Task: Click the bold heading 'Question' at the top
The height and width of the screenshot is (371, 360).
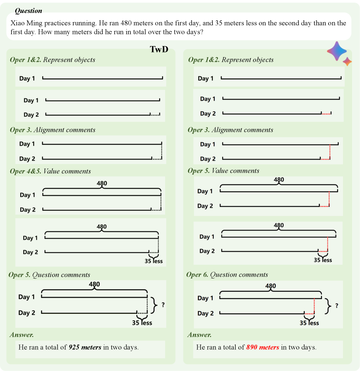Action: [29, 11]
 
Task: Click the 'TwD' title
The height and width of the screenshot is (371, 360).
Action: [159, 49]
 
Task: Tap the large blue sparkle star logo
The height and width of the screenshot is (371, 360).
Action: [337, 51]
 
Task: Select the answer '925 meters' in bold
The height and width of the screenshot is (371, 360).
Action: [85, 348]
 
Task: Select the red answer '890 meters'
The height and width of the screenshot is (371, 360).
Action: [262, 348]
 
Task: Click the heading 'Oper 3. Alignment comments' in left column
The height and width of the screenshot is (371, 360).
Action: [53, 130]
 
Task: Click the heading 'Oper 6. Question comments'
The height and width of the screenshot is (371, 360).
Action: [227, 275]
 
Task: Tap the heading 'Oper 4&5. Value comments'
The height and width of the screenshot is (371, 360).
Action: [50, 171]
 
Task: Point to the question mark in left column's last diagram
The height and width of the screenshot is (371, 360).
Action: [163, 305]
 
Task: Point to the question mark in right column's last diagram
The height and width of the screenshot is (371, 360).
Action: [337, 306]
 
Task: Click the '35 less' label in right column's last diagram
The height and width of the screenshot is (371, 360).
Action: [309, 323]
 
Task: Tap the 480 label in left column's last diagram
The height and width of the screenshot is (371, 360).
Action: [94, 284]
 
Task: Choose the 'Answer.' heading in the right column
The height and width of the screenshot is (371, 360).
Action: [200, 335]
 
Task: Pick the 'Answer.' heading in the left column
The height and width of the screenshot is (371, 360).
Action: [22, 335]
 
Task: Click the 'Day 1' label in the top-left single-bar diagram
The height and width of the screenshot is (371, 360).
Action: [27, 78]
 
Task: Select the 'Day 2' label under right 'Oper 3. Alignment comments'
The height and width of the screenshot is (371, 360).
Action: [208, 159]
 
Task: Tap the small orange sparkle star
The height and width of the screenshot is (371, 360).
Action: [347, 61]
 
